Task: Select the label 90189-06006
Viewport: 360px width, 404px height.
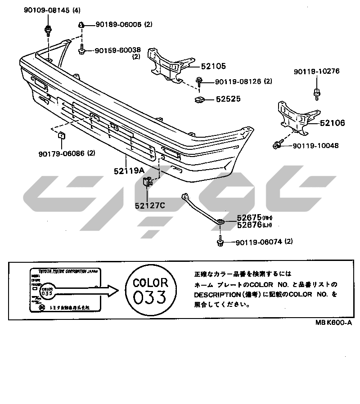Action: click(x=117, y=24)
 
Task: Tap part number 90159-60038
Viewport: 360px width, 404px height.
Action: click(x=118, y=51)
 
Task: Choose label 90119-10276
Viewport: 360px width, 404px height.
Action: click(x=316, y=71)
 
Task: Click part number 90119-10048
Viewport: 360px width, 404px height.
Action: click(x=315, y=145)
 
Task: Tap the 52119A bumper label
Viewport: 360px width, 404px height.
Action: click(x=128, y=171)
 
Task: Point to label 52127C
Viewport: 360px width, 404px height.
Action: click(x=150, y=206)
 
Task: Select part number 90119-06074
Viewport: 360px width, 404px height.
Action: click(x=258, y=242)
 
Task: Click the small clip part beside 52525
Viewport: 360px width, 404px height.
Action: click(x=199, y=99)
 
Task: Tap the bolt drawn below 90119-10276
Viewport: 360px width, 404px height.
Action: click(x=317, y=94)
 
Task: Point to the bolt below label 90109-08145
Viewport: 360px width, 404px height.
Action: click(x=47, y=31)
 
